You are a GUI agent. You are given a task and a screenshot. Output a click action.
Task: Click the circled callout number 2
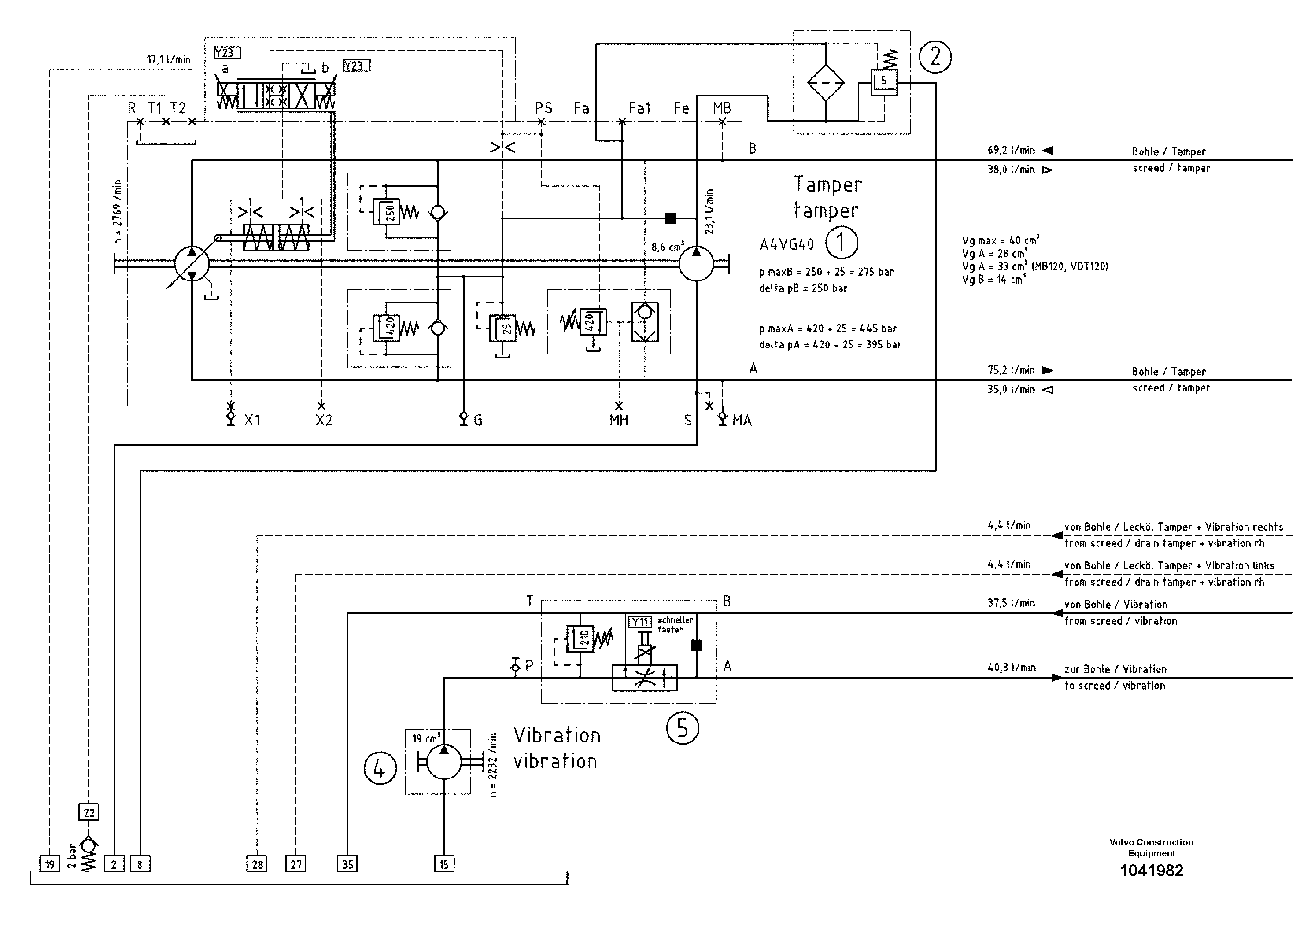[x=935, y=57]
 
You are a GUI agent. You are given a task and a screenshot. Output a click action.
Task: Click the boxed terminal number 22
[x=89, y=812]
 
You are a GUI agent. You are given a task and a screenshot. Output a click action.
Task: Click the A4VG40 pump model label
[x=786, y=244]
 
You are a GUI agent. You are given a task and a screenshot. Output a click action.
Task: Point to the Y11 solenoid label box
[x=640, y=622]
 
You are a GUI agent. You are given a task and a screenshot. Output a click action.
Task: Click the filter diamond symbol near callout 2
[x=826, y=82]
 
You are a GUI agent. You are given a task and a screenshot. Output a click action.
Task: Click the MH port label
[x=618, y=421]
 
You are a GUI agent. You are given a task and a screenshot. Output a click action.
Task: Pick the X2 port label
[x=324, y=421]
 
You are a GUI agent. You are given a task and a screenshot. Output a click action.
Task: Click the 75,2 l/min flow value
[x=1011, y=370]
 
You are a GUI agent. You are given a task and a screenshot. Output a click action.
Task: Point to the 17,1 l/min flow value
[x=168, y=59]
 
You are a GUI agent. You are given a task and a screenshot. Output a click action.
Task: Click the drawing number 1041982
[x=1151, y=871]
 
